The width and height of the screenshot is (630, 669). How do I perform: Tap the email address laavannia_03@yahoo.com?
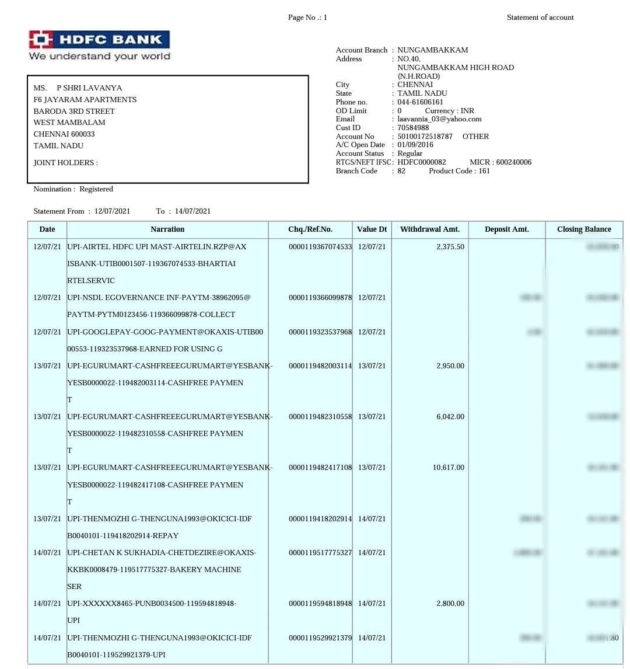pyautogui.click(x=439, y=119)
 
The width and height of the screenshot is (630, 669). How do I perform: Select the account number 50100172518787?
pyautogui.click(x=425, y=137)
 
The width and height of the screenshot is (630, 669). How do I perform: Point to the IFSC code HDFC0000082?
pyautogui.click(x=422, y=162)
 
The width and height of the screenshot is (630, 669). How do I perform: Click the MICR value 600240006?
pyautogui.click(x=513, y=162)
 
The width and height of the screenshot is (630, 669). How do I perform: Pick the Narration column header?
pyautogui.click(x=167, y=229)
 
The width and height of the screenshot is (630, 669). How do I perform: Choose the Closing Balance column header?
pyautogui.click(x=584, y=229)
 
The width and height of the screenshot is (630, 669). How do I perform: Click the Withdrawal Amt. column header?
pyautogui.click(x=430, y=229)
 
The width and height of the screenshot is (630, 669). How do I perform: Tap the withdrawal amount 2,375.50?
pyautogui.click(x=450, y=247)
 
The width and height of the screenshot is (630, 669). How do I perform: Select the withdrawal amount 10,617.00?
pyautogui.click(x=449, y=468)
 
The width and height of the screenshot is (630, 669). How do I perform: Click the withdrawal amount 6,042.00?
pyautogui.click(x=450, y=417)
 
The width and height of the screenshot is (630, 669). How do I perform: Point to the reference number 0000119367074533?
pyautogui.click(x=320, y=247)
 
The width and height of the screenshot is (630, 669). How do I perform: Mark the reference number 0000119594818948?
pyautogui.click(x=320, y=604)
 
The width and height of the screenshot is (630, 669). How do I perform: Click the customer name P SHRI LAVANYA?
pyautogui.click(x=89, y=88)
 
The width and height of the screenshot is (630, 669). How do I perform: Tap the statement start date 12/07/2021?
pyautogui.click(x=113, y=211)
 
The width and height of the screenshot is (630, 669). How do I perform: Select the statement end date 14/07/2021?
pyautogui.click(x=192, y=211)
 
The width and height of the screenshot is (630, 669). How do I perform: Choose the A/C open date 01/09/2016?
pyautogui.click(x=415, y=145)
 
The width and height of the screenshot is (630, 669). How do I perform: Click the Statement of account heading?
pyautogui.click(x=540, y=18)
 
